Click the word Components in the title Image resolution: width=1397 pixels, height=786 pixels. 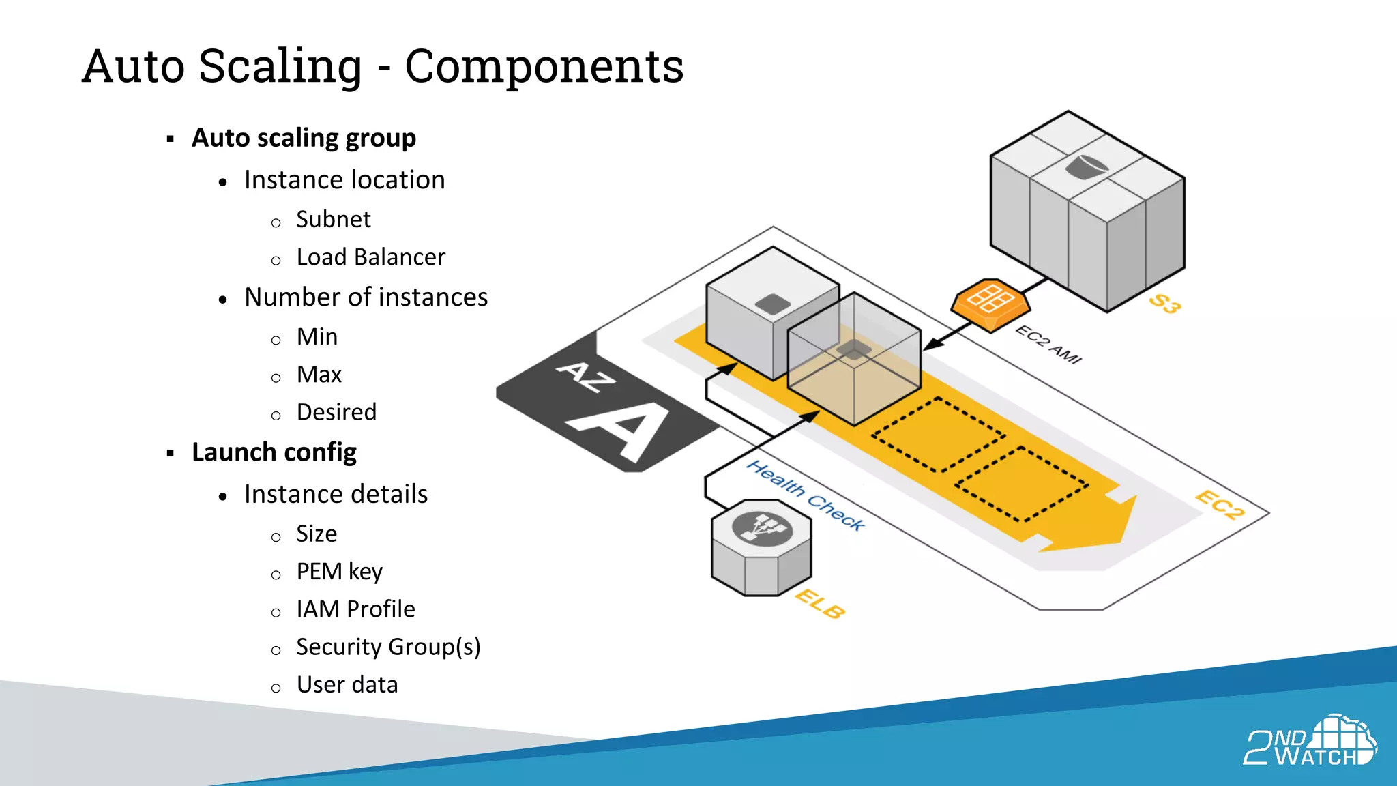[x=544, y=67]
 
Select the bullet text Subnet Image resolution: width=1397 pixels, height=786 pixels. [x=333, y=220]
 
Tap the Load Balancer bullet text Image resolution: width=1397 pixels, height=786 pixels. [x=370, y=257]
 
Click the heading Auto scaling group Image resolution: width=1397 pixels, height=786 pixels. [x=304, y=138]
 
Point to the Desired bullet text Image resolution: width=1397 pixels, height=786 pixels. [x=336, y=412]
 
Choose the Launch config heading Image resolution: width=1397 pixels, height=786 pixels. [x=274, y=452]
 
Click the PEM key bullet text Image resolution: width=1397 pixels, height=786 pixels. [x=339, y=571]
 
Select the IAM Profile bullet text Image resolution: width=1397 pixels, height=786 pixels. [x=355, y=609]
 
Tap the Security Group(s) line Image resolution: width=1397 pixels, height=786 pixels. [x=388, y=647]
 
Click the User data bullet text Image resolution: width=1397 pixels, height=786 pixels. [x=347, y=684]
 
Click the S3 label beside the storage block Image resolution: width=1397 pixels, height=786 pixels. [x=1164, y=303]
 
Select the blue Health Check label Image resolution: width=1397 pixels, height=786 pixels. [x=805, y=495]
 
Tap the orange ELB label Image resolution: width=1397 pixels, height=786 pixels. [x=820, y=604]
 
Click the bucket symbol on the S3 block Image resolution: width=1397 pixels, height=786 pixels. [x=1086, y=166]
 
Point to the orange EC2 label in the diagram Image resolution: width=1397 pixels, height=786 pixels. [x=1220, y=505]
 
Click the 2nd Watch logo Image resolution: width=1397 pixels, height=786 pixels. [x=1310, y=741]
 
